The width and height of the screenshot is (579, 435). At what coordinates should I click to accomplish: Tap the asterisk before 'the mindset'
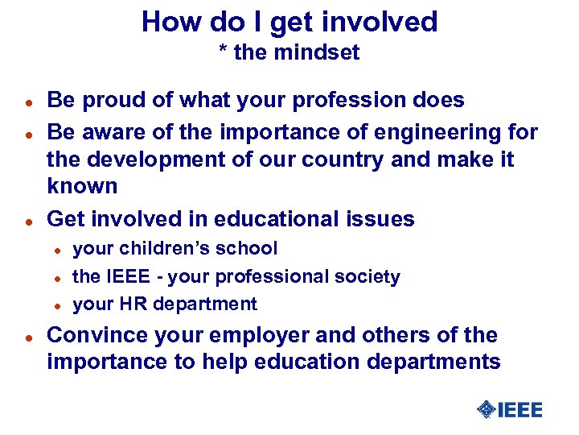click(x=224, y=52)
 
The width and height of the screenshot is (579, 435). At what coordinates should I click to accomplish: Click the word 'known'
click(x=82, y=186)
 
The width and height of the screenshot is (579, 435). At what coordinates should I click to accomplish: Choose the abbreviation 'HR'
click(x=130, y=304)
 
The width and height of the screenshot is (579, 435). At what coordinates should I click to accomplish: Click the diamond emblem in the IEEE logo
click(x=485, y=410)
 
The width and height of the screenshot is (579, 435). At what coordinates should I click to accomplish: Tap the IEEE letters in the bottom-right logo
click(x=520, y=410)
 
